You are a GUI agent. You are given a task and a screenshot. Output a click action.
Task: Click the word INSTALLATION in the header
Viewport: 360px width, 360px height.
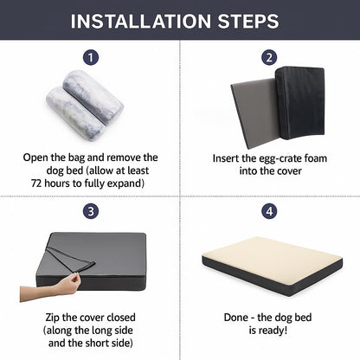(x=145, y=21)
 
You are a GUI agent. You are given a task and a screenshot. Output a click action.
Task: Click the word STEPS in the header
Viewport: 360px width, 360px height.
(x=251, y=21)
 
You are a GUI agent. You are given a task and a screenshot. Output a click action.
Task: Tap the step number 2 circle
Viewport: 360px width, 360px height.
(x=269, y=57)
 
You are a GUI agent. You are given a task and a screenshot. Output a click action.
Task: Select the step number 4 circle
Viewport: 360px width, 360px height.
(x=269, y=210)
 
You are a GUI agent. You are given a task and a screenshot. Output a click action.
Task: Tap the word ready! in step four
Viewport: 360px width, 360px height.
(x=285, y=331)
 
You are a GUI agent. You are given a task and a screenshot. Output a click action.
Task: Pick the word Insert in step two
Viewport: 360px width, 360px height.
(x=229, y=159)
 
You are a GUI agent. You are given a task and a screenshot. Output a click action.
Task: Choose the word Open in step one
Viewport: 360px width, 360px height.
(x=37, y=157)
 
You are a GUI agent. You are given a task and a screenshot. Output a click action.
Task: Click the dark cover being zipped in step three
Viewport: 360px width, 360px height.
(x=104, y=260)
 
